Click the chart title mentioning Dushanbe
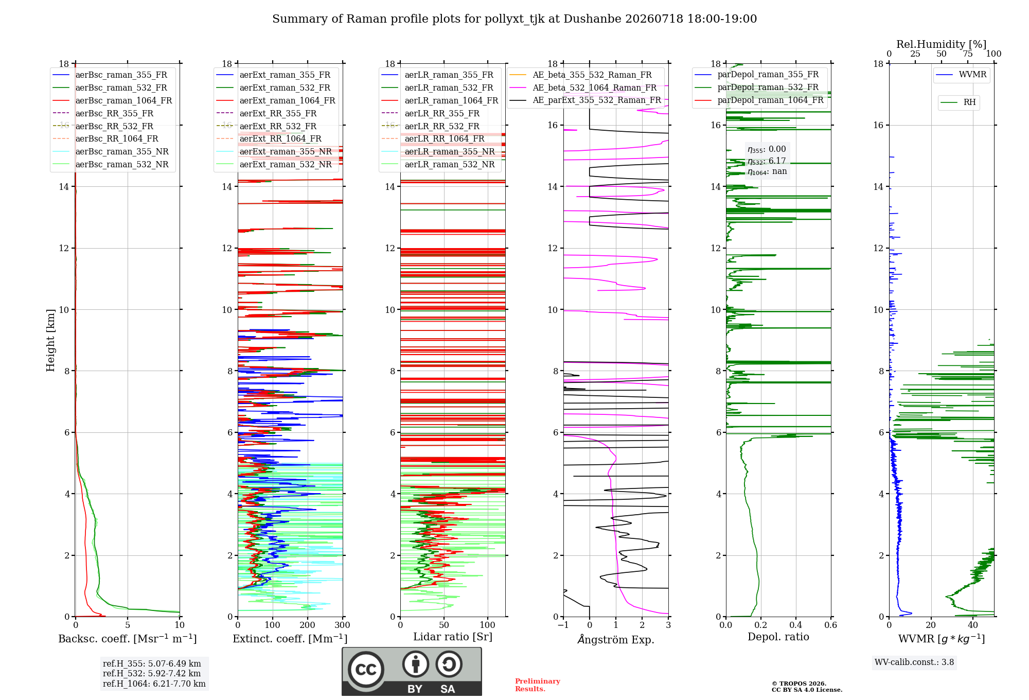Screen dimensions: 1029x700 (514, 19)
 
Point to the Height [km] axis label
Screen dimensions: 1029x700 (50, 340)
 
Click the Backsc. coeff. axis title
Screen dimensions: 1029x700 (128, 639)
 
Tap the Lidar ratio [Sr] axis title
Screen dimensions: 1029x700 (453, 637)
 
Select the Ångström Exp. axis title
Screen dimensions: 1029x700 (616, 639)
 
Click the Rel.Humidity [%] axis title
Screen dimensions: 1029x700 (942, 44)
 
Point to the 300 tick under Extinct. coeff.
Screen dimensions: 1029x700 (342, 625)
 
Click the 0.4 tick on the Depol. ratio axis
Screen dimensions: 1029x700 (796, 625)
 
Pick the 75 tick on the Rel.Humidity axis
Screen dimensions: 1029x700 (968, 54)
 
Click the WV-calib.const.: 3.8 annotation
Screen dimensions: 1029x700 (914, 662)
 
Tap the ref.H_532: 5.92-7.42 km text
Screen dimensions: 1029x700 (152, 674)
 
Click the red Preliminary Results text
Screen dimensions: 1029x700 (538, 685)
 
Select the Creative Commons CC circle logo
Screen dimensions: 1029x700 (366, 670)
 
